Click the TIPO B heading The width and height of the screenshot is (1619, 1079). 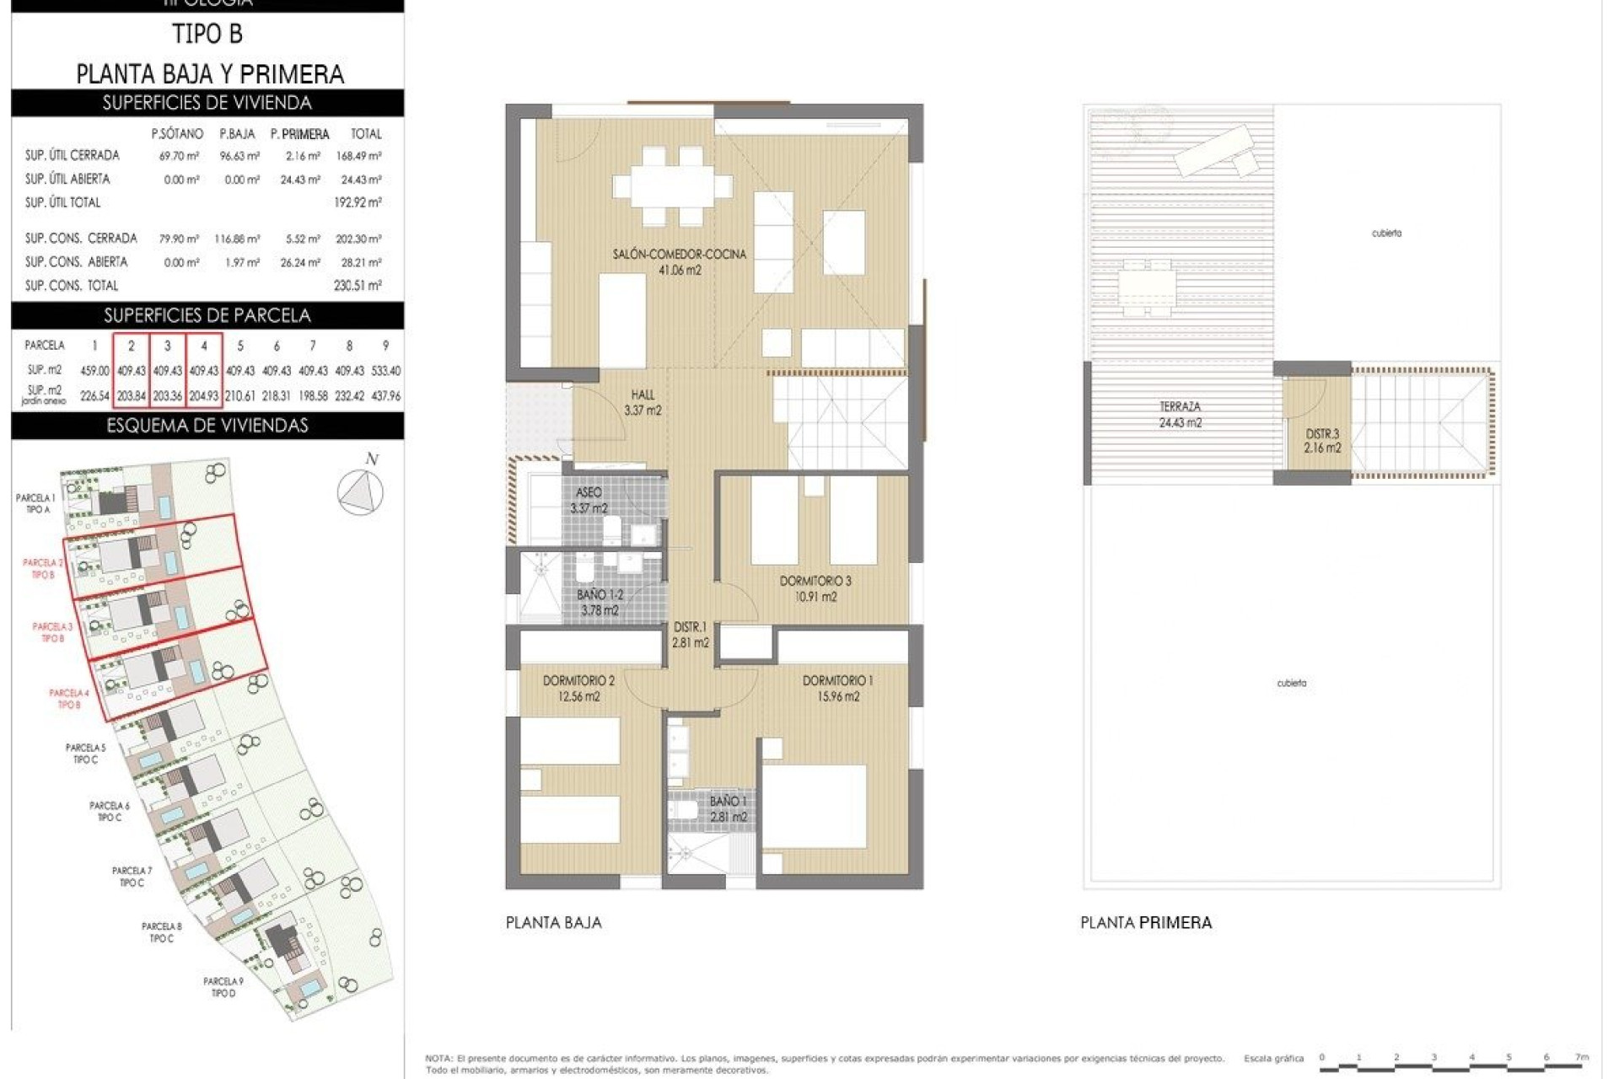pos(207,35)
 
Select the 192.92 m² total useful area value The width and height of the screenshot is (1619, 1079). pos(358,202)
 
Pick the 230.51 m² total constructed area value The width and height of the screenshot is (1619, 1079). pos(358,286)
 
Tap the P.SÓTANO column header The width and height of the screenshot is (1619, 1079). pos(177,134)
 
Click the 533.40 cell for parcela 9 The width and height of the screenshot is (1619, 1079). pos(385,371)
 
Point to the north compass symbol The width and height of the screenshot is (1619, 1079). pos(360,491)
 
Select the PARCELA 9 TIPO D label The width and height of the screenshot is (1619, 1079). pos(223,987)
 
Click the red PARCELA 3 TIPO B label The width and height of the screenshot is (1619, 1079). pos(52,632)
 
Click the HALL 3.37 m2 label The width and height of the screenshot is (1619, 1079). pos(643,402)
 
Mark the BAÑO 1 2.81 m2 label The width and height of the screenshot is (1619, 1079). pos(728,808)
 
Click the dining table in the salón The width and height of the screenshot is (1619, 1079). pos(672,185)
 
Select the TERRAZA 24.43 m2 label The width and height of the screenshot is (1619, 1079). pos(1180,415)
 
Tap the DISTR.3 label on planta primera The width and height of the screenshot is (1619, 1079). pos(1322,441)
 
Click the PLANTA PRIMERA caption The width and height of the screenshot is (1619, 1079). pos(1146,923)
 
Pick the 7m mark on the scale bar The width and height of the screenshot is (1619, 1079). pos(1582,1057)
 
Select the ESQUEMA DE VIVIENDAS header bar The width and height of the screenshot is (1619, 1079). pos(207,426)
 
